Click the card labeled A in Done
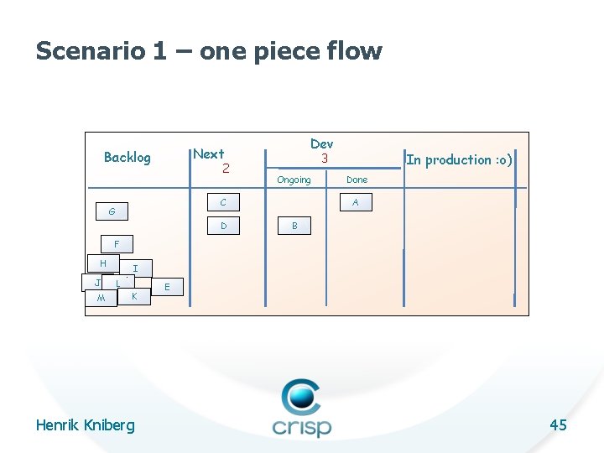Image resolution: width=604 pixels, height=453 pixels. coord(356,202)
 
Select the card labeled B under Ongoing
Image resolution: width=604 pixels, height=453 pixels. coord(294,226)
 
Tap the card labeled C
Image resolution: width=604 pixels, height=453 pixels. coord(223,202)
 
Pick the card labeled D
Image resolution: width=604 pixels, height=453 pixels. coord(223,226)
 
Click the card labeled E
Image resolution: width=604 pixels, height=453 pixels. coord(168,287)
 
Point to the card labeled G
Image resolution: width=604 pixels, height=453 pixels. coord(112,211)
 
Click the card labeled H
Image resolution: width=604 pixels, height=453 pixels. coord(102,263)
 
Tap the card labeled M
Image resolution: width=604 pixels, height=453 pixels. coord(102,299)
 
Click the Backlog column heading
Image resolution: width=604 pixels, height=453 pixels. coord(127,157)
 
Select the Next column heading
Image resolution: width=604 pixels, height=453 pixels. coord(209,154)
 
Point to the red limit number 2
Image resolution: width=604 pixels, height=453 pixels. coord(226,169)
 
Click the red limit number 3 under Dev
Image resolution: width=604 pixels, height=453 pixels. coord(321,158)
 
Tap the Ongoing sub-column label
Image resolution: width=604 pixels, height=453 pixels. coord(294,180)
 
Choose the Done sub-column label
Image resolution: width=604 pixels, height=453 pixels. coord(357,180)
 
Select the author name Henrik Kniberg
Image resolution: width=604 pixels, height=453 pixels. coord(85,425)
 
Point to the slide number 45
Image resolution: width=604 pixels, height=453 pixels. coord(558,425)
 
